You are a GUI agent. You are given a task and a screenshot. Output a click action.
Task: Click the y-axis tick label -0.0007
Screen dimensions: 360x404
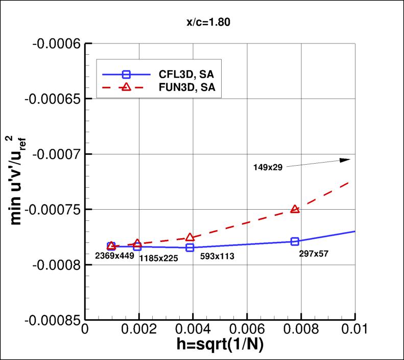pyautogui.click(x=56, y=154)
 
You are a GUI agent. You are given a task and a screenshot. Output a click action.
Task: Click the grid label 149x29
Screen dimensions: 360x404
pyautogui.click(x=268, y=166)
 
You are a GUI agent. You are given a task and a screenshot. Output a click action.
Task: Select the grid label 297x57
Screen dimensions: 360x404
pyautogui.click(x=314, y=253)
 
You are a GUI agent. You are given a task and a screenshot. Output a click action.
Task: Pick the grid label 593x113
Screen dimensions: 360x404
pyautogui.click(x=213, y=256)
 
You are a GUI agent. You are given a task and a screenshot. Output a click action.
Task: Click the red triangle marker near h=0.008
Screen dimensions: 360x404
pyautogui.click(x=295, y=209)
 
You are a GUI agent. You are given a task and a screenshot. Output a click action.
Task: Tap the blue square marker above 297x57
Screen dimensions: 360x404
pyautogui.click(x=295, y=241)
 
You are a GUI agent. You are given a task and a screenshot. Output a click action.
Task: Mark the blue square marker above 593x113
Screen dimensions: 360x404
pyautogui.click(x=190, y=247)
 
